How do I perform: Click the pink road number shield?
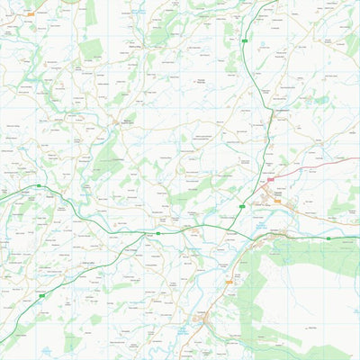point(269,180)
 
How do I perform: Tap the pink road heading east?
point(315,165)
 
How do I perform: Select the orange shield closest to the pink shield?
point(277,202)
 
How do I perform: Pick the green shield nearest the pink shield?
point(242,207)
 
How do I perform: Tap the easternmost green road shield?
point(328,238)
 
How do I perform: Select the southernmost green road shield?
point(40,295)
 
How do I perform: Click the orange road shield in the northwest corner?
point(30,14)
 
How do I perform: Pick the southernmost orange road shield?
point(229,282)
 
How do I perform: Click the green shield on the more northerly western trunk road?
point(39,186)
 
